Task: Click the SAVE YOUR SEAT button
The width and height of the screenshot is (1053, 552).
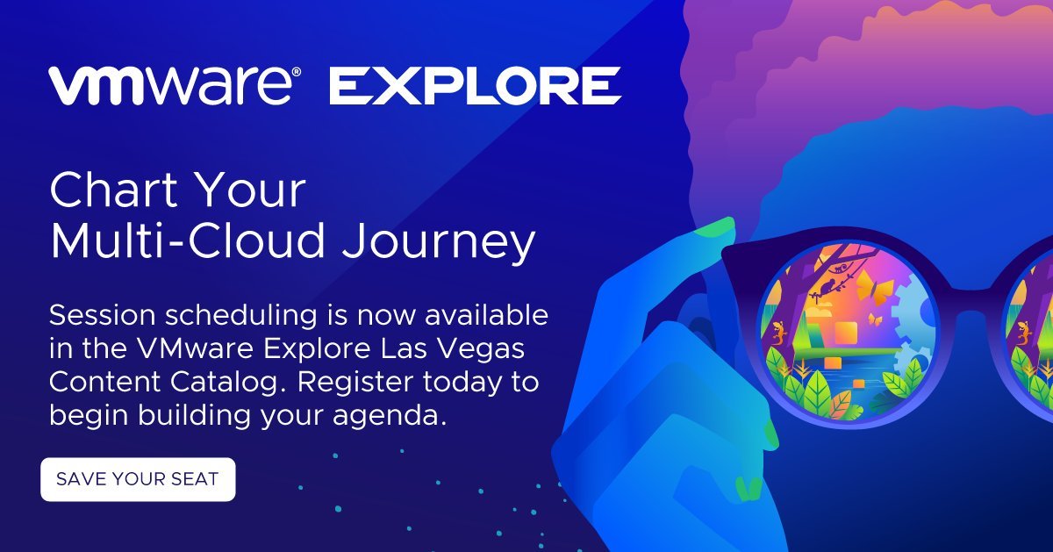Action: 138,479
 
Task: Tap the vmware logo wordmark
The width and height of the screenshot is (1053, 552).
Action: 171,86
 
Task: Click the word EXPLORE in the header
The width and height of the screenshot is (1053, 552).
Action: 476,86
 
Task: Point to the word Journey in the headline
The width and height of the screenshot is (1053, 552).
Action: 439,240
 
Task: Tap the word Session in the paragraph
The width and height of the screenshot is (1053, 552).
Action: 102,315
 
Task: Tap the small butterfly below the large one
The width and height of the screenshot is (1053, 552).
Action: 874,319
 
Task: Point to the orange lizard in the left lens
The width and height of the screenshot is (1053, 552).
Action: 779,333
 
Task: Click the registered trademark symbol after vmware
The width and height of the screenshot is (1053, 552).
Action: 297,72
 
